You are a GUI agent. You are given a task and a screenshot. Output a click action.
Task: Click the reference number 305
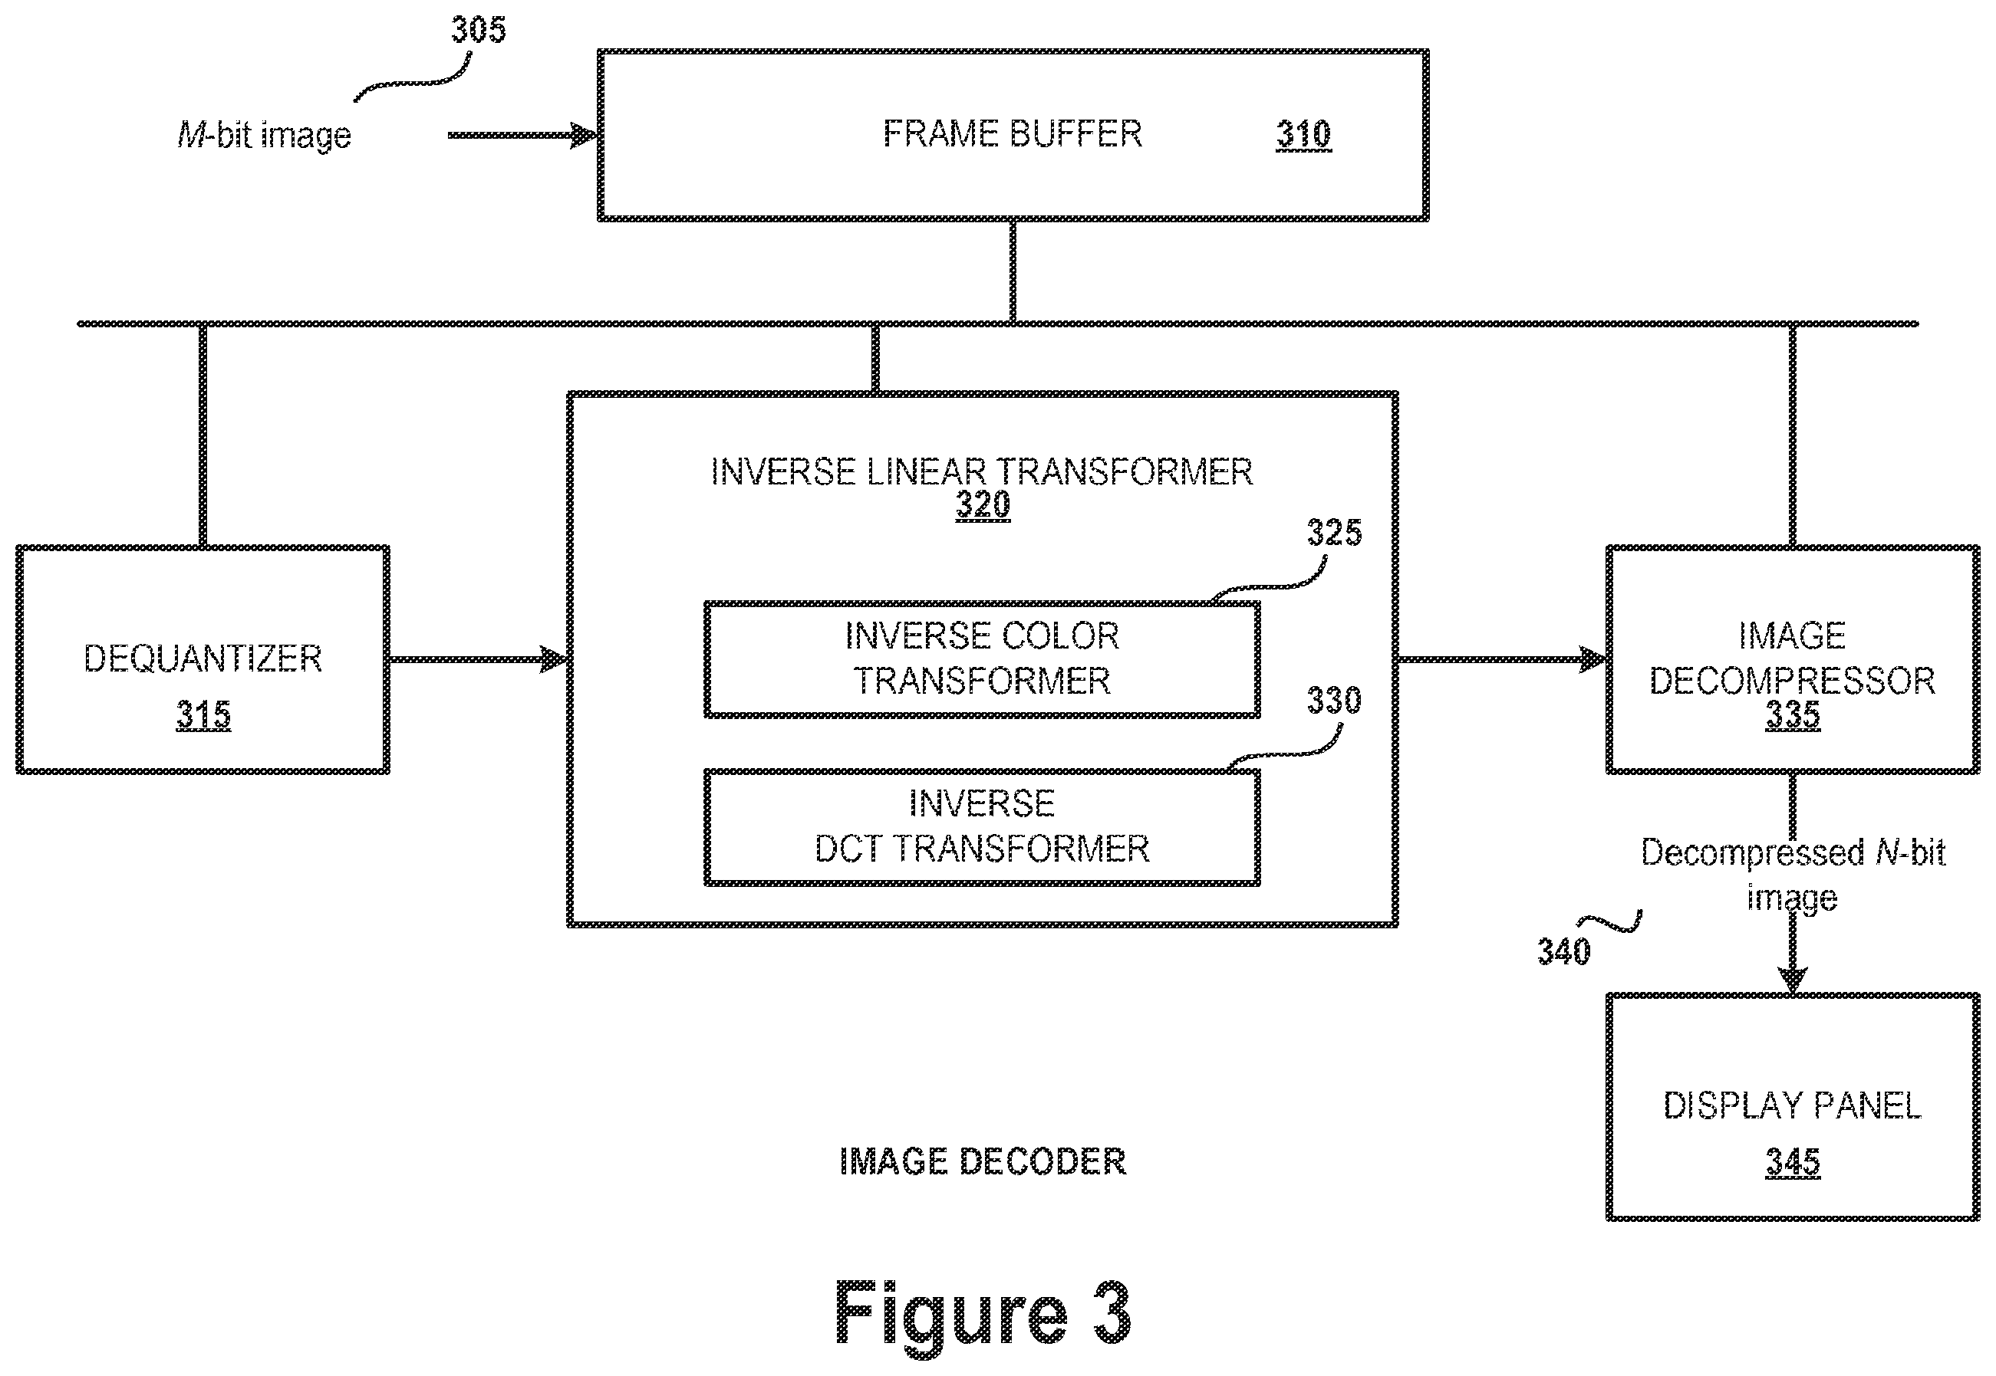(x=479, y=30)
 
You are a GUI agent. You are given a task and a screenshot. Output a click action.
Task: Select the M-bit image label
(x=265, y=136)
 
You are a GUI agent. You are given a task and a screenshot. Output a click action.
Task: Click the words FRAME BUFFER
(x=1013, y=133)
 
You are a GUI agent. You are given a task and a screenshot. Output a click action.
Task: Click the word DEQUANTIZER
(x=203, y=658)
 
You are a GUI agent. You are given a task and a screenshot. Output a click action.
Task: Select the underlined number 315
(x=203, y=714)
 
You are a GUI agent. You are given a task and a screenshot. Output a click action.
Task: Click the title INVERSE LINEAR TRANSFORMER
(x=982, y=471)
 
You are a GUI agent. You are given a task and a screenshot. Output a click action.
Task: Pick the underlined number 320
(x=983, y=504)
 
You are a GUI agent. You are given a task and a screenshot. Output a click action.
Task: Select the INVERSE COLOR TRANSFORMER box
(x=983, y=659)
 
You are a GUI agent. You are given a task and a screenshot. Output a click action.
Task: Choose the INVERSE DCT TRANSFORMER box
(x=983, y=828)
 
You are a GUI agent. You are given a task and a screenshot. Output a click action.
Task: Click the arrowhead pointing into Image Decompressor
(x=1593, y=659)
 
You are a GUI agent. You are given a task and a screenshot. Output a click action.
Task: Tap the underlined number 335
(x=1793, y=714)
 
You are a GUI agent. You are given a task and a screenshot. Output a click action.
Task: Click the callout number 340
(x=1564, y=952)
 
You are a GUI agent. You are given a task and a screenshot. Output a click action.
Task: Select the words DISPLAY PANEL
(x=1793, y=1105)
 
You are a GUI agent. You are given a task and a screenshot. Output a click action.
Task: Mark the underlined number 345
(x=1793, y=1162)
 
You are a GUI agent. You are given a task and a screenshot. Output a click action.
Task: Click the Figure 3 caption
(x=983, y=1313)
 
